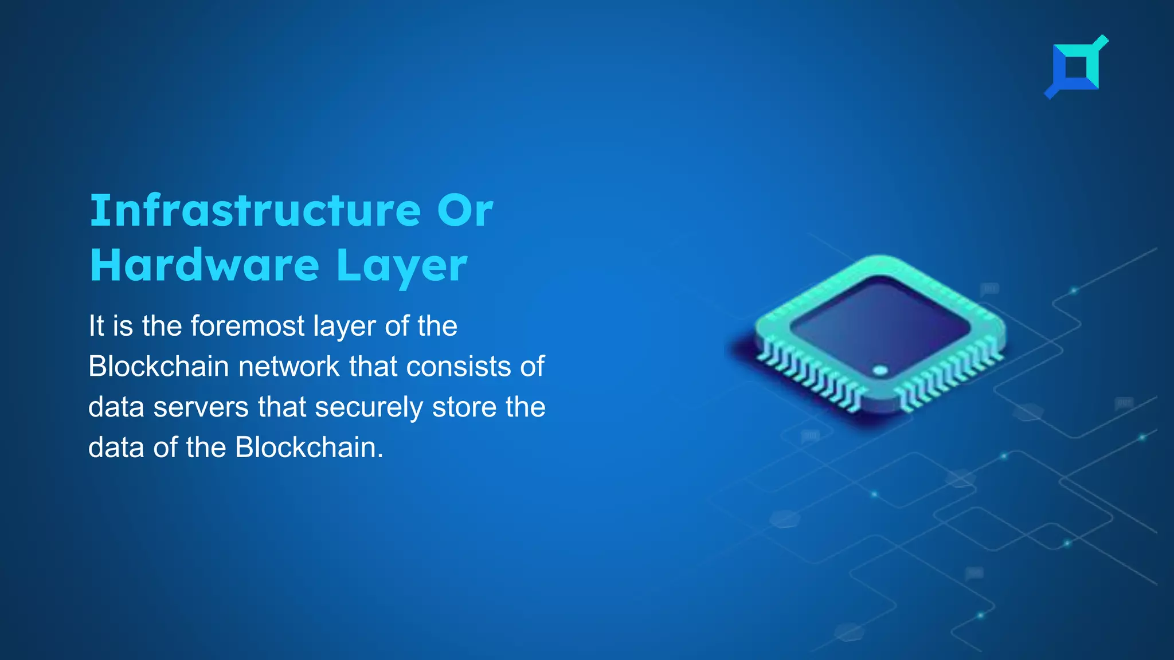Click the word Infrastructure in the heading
pyautogui.click(x=256, y=211)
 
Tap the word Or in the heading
pyautogui.click(x=465, y=211)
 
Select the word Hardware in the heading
pyautogui.click(x=205, y=266)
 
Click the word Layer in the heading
pyautogui.click(x=402, y=267)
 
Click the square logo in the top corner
pyautogui.click(x=1077, y=68)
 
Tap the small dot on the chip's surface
pyautogui.click(x=880, y=370)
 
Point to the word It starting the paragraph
pyautogui.click(x=96, y=326)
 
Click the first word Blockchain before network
pyautogui.click(x=158, y=367)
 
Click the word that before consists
pyautogui.click(x=373, y=367)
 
